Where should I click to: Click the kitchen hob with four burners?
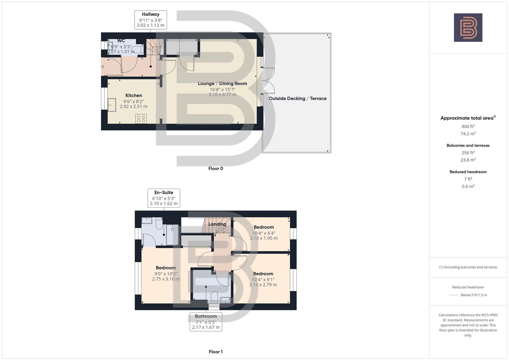141,119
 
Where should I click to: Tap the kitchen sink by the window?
112,105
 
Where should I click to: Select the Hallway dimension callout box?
151,20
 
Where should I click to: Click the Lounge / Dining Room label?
222,84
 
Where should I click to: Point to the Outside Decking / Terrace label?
297,98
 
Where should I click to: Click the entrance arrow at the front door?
102,67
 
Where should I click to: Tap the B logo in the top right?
468,28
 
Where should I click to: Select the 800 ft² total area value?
468,127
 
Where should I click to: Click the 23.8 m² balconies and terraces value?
468,160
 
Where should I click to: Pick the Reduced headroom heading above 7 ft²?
468,172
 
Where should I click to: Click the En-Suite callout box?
164,198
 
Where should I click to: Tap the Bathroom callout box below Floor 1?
206,322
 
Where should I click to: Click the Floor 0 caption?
216,169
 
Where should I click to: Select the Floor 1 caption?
216,352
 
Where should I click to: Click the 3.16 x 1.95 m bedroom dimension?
264,238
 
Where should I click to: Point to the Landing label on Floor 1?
217,224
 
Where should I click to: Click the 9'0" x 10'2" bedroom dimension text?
166,274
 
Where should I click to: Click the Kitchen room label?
134,96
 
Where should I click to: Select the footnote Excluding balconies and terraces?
468,267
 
